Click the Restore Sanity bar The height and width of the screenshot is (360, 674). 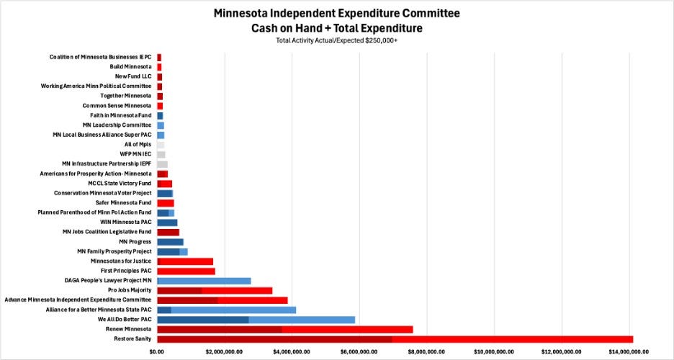395,339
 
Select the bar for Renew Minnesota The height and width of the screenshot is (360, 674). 285,330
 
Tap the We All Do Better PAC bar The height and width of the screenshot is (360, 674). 256,320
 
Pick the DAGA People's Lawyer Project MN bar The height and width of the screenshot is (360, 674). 205,281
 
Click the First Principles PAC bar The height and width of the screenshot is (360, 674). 186,271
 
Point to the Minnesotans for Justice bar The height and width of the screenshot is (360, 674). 185,261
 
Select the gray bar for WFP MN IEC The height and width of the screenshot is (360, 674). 161,154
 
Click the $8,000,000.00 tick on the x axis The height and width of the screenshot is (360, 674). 427,352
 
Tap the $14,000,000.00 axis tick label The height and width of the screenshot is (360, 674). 629,352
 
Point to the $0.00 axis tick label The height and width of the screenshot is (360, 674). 157,352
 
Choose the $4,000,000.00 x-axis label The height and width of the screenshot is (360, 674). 292,352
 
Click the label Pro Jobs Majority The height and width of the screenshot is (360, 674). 130,290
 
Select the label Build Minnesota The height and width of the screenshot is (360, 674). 130,66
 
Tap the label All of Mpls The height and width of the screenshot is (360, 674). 138,144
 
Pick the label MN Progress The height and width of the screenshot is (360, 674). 135,242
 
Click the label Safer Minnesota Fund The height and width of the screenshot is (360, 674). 123,203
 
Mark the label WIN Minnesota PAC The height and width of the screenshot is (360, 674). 126,222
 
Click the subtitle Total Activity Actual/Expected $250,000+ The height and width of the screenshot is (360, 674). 336,41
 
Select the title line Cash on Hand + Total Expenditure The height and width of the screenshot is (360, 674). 336,28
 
